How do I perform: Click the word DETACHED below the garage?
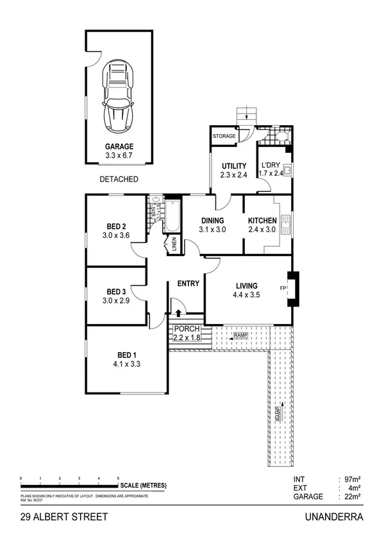click(119, 179)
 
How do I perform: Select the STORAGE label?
click(225, 136)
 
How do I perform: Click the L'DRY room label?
click(269, 165)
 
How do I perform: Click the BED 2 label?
click(116, 226)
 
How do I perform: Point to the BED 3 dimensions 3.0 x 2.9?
click(116, 300)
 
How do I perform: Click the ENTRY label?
click(188, 284)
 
